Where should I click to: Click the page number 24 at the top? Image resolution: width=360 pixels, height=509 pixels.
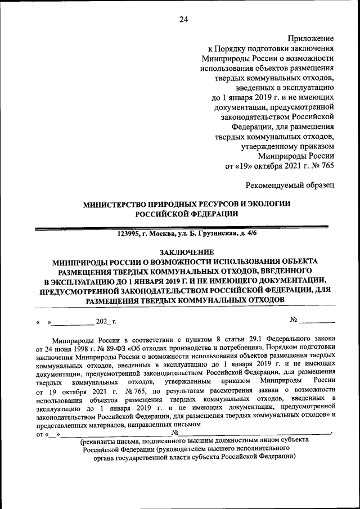tap(183, 20)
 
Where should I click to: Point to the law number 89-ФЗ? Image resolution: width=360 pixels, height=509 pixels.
tap(105, 347)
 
